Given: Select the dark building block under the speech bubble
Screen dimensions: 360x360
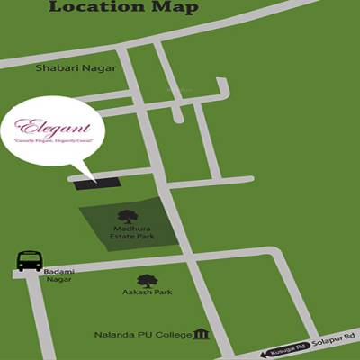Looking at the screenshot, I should pos(96,183).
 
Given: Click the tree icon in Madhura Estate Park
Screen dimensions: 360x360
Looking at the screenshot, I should pos(128,216).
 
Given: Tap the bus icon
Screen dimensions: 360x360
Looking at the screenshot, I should pos(30,260).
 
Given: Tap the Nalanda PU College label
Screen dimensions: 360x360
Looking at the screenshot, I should pos(143,336).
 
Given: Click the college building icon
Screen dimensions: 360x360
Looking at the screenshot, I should pos(202,335).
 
